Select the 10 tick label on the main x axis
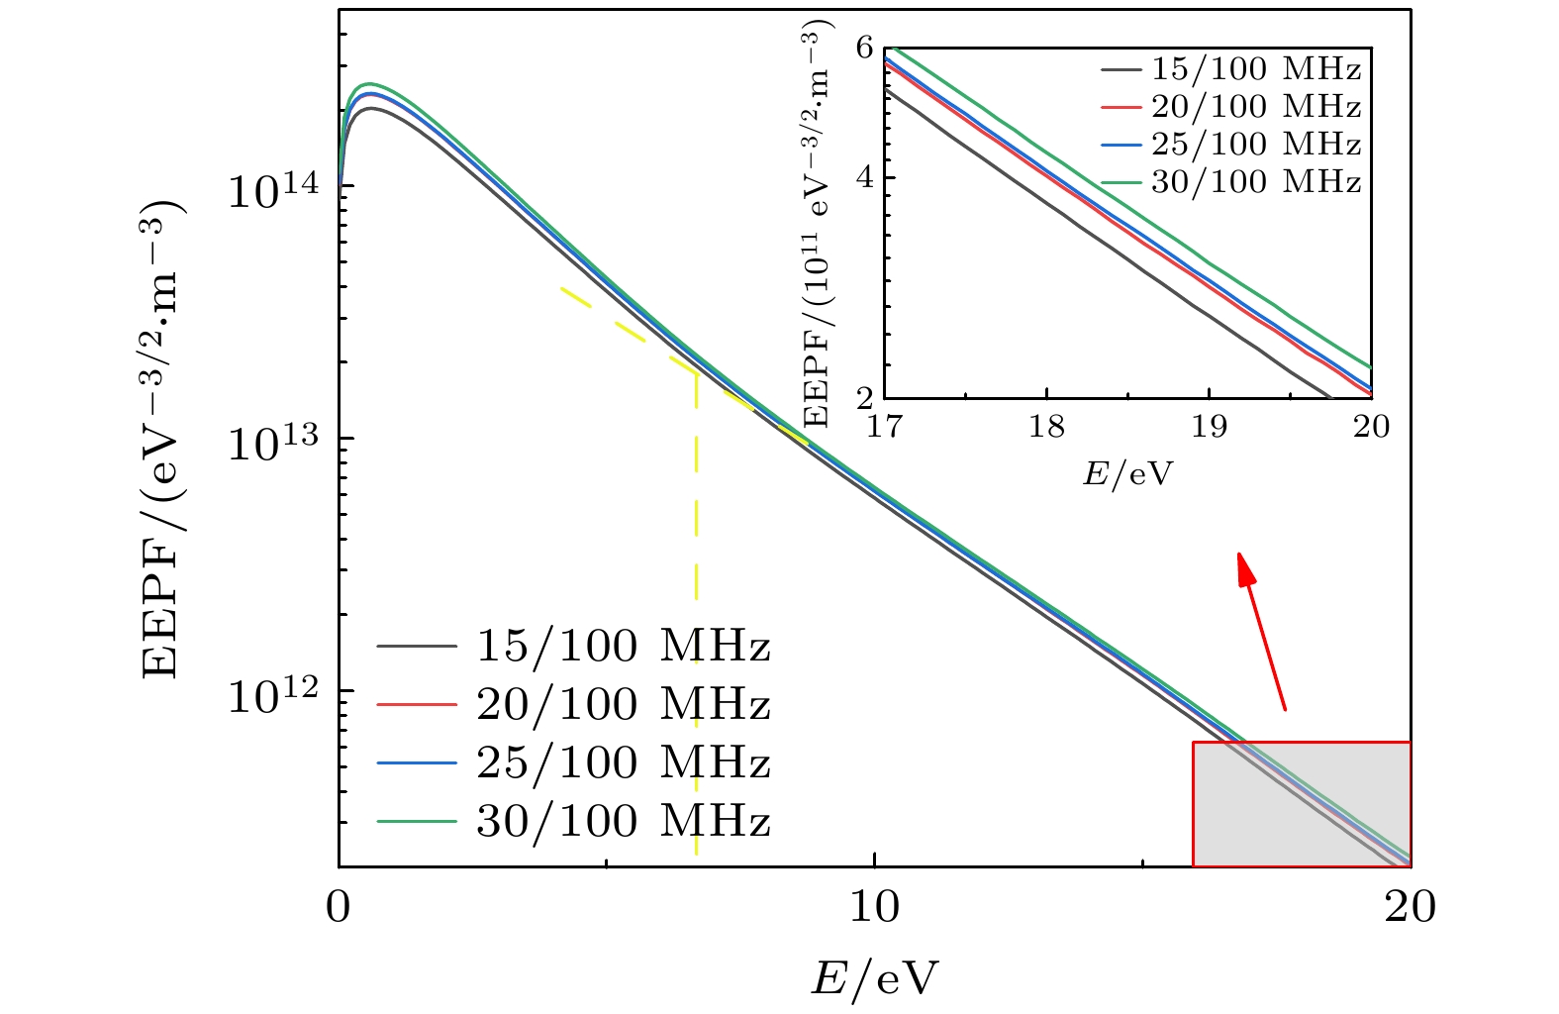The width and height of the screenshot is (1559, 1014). (874, 906)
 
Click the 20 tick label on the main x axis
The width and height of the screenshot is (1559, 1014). (1410, 906)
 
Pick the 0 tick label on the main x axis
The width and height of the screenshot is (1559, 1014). (340, 906)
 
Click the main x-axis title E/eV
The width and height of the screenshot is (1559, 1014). (874, 979)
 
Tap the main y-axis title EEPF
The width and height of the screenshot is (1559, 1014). (163, 440)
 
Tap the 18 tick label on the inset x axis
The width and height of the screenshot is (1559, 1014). (1046, 427)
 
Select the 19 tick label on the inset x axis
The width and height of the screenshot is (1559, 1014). (1209, 427)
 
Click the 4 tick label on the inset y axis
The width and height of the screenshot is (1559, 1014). (866, 178)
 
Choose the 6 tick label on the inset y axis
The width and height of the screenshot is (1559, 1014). (866, 49)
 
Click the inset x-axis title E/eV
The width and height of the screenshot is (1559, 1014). (1127, 473)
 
